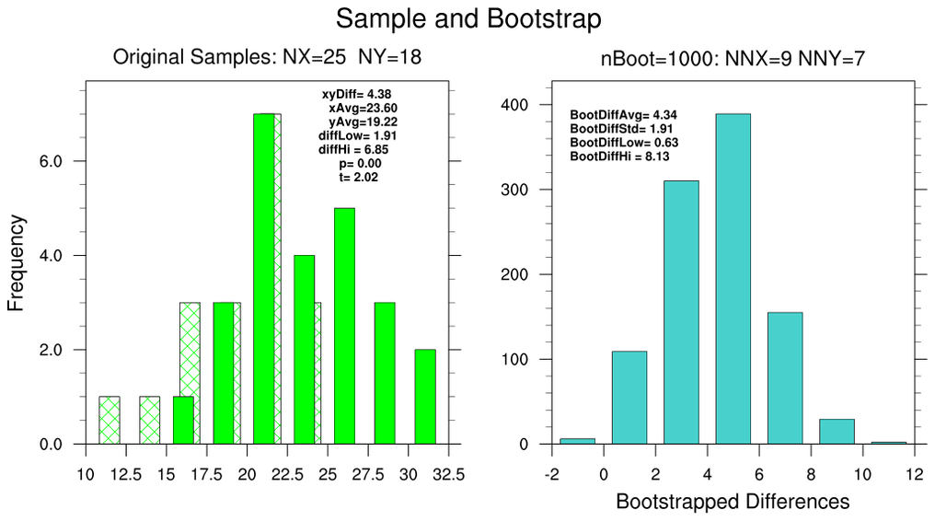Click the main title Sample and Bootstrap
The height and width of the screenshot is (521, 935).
(x=468, y=18)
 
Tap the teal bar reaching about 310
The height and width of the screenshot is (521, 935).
(x=681, y=312)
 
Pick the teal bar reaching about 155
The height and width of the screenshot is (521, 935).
(x=785, y=377)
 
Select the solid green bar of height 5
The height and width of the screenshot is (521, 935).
(x=344, y=326)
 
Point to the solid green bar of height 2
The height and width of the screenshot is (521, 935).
(x=425, y=397)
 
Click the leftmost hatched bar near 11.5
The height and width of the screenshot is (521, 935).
(x=110, y=421)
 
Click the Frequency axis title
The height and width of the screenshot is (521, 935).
(x=17, y=262)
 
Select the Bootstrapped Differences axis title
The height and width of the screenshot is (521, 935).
(x=733, y=503)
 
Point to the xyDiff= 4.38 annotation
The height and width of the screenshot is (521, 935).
(x=356, y=94)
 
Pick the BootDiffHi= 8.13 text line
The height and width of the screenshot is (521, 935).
(x=619, y=156)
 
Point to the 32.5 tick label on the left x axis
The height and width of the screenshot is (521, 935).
(x=448, y=475)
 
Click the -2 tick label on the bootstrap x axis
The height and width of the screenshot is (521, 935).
(x=551, y=475)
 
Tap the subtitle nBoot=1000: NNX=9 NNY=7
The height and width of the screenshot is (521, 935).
(x=733, y=60)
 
